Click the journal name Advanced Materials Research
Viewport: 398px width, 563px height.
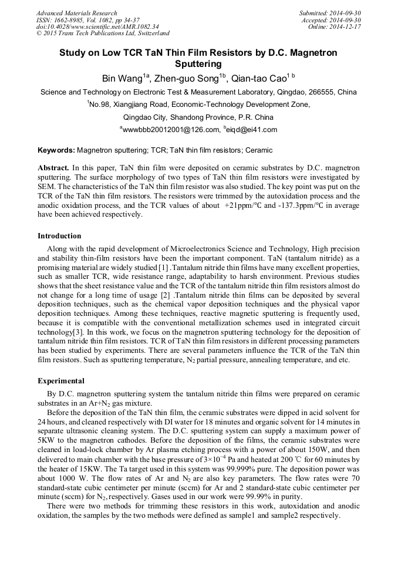(x=77, y=13)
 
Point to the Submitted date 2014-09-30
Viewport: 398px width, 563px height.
(x=346, y=13)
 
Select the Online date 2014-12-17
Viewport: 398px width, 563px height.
(x=347, y=26)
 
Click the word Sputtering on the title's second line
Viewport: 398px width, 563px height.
(x=198, y=63)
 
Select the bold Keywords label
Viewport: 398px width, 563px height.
(x=56, y=151)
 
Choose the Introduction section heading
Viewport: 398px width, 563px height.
(x=59, y=235)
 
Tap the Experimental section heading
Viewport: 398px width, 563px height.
(x=60, y=380)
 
